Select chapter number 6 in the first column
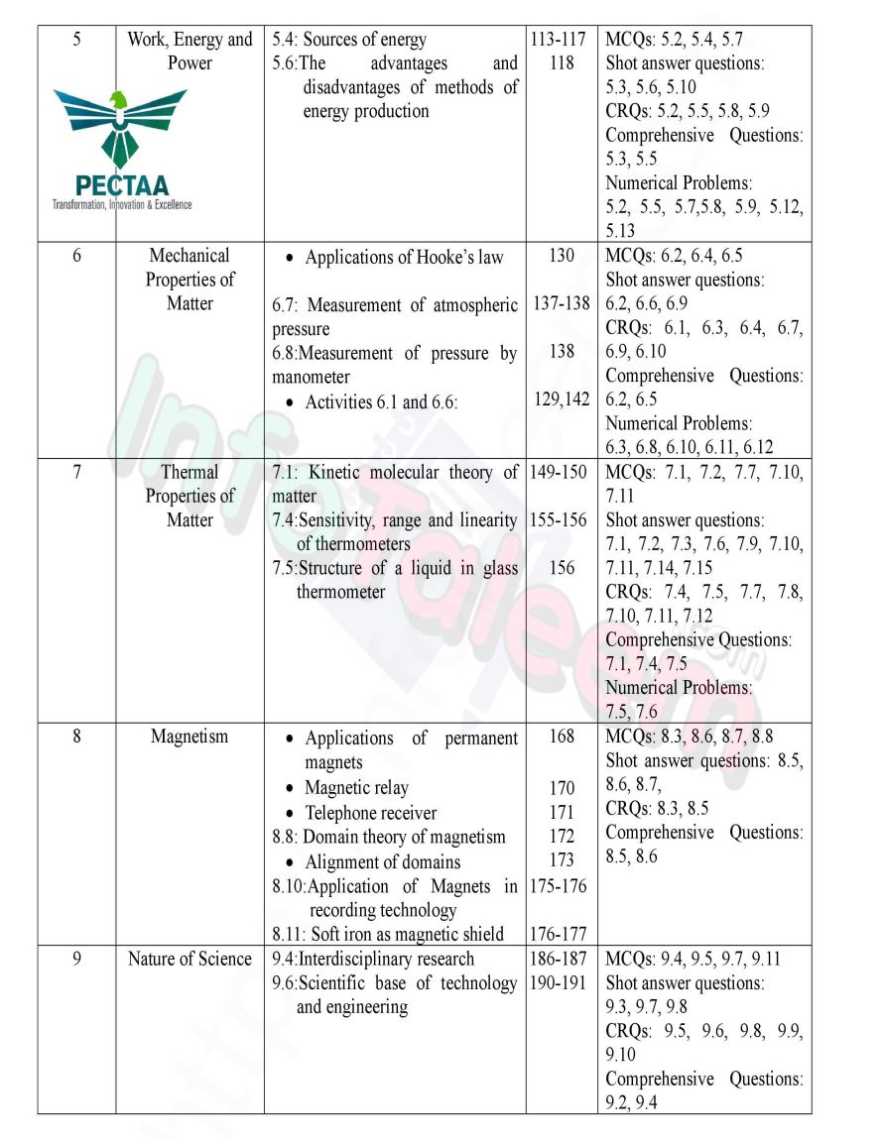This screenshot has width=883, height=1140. pyautogui.click(x=76, y=256)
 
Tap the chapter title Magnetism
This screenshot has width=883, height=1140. pyautogui.click(x=189, y=737)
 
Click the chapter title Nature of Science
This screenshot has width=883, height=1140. pyautogui.click(x=189, y=959)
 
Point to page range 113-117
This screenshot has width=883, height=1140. pyautogui.click(x=561, y=40)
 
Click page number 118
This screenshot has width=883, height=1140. pyautogui.click(x=561, y=63)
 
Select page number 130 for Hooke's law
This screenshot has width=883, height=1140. pyautogui.click(x=561, y=256)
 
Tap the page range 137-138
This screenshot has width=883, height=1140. pyautogui.click(x=562, y=303)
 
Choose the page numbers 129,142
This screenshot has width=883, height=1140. pyautogui.click(x=562, y=399)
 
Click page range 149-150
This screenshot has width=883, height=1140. pyautogui.click(x=562, y=472)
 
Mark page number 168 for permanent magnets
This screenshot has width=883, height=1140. pyautogui.click(x=562, y=738)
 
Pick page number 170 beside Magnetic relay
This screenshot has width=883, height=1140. pyautogui.click(x=562, y=788)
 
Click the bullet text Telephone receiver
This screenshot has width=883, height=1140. pyautogui.click(x=370, y=813)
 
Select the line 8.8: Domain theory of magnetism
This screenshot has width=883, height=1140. pyautogui.click(x=389, y=837)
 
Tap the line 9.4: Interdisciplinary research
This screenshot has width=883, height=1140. pyautogui.click(x=373, y=959)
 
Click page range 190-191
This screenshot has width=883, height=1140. pyautogui.click(x=562, y=982)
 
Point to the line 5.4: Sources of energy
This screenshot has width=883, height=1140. pyautogui.click(x=349, y=40)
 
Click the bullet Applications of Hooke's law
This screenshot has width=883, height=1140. pyautogui.click(x=404, y=258)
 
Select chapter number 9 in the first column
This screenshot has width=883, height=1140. pyautogui.click(x=76, y=959)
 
